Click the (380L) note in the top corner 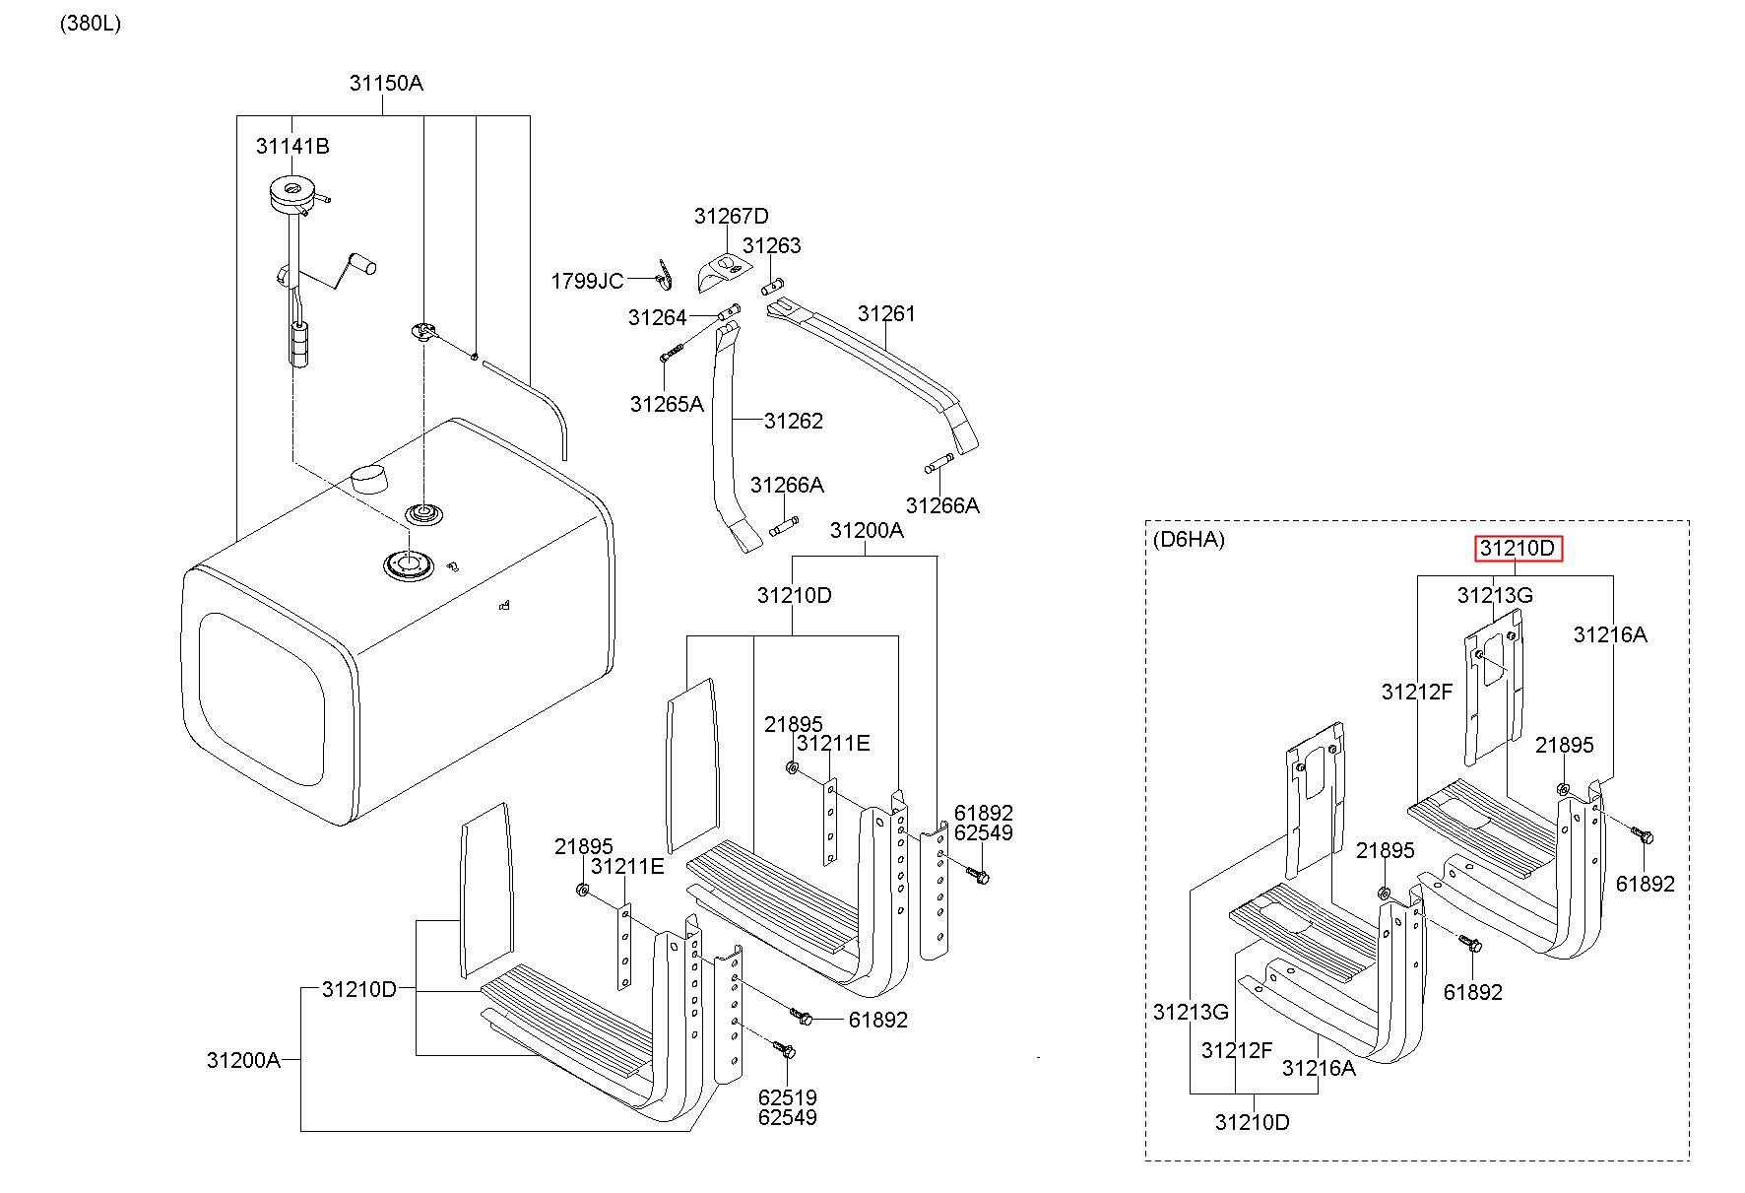click(91, 24)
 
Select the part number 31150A click(386, 83)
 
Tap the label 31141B click(292, 146)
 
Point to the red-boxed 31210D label click(1518, 548)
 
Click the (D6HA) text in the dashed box click(1189, 539)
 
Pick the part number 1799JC click(587, 282)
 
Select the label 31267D click(731, 216)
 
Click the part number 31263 click(772, 245)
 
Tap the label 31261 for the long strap click(886, 313)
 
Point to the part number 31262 click(793, 421)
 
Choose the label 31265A click(667, 404)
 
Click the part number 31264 click(658, 317)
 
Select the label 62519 click(787, 1097)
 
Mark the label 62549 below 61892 click(983, 833)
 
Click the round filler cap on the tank click(368, 478)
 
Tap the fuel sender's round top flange click(291, 194)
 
